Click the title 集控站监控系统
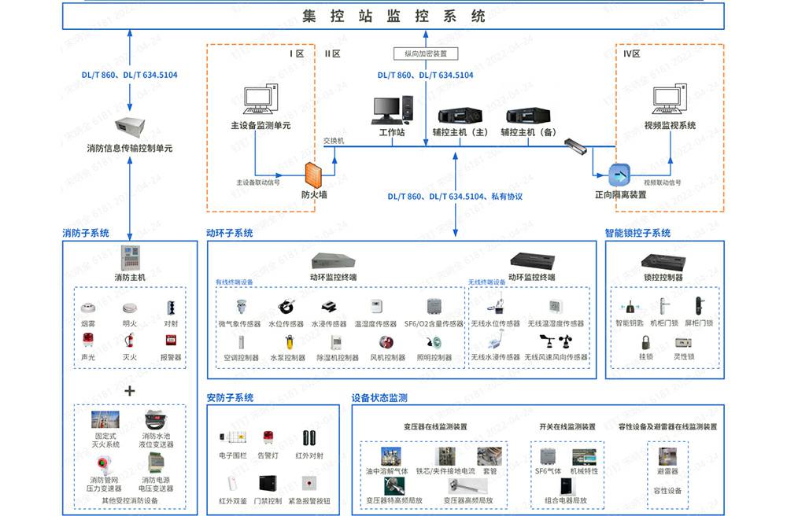pyautogui.click(x=393, y=15)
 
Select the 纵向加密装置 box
pyautogui.click(x=425, y=53)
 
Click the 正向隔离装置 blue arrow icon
pyautogui.click(x=620, y=175)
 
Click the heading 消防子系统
pyautogui.click(x=86, y=233)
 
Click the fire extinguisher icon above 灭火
pyautogui.click(x=130, y=340)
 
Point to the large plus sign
pyautogui.click(x=130, y=391)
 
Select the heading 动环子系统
pyautogui.click(x=229, y=233)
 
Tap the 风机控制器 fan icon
pyautogui.click(x=386, y=342)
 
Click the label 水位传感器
pyautogui.click(x=286, y=323)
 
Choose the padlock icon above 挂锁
pyautogui.click(x=645, y=342)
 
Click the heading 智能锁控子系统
pyautogui.click(x=637, y=233)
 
